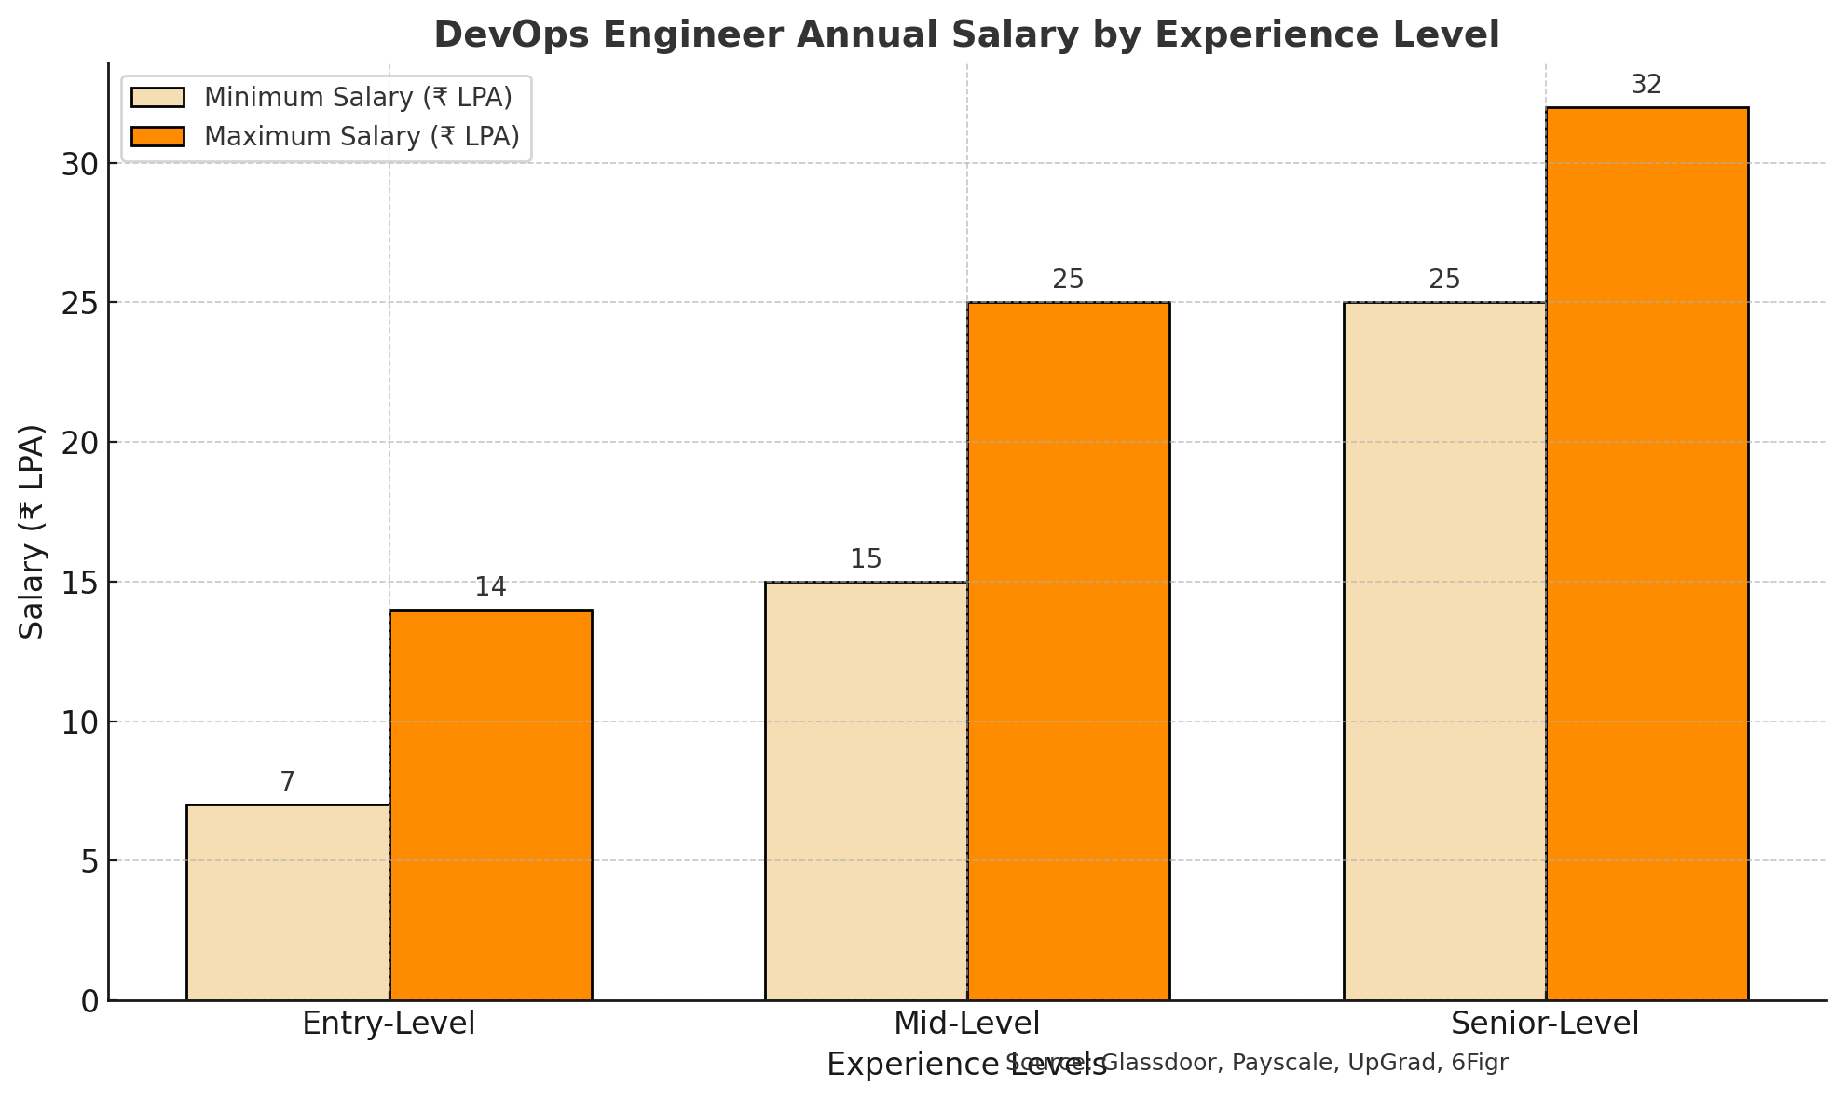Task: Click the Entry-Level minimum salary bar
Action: pyautogui.click(x=288, y=902)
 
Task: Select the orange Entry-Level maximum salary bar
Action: pyautogui.click(x=491, y=804)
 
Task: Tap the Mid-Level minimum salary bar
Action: pyautogui.click(x=866, y=791)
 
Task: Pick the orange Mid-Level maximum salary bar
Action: pyautogui.click(x=1069, y=651)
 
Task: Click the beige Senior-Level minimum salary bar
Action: pyautogui.click(x=1444, y=651)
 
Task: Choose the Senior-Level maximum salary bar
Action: pyautogui.click(x=1647, y=554)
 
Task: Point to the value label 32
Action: pyautogui.click(x=1647, y=85)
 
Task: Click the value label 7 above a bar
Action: pyautogui.click(x=288, y=782)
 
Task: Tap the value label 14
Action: pyautogui.click(x=491, y=587)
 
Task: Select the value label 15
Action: pyautogui.click(x=866, y=559)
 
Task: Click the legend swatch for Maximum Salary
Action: pyautogui.click(x=158, y=136)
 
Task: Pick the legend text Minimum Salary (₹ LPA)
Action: pyautogui.click(x=358, y=97)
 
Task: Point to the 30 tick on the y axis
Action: pyautogui.click(x=80, y=164)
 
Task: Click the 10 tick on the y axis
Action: pyautogui.click(x=80, y=722)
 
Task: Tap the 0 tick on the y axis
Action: pyautogui.click(x=89, y=1001)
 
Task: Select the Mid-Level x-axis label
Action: pyautogui.click(x=966, y=1024)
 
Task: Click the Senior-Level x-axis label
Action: pyautogui.click(x=1545, y=1024)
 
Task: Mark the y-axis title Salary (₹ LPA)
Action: pyautogui.click(x=33, y=531)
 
